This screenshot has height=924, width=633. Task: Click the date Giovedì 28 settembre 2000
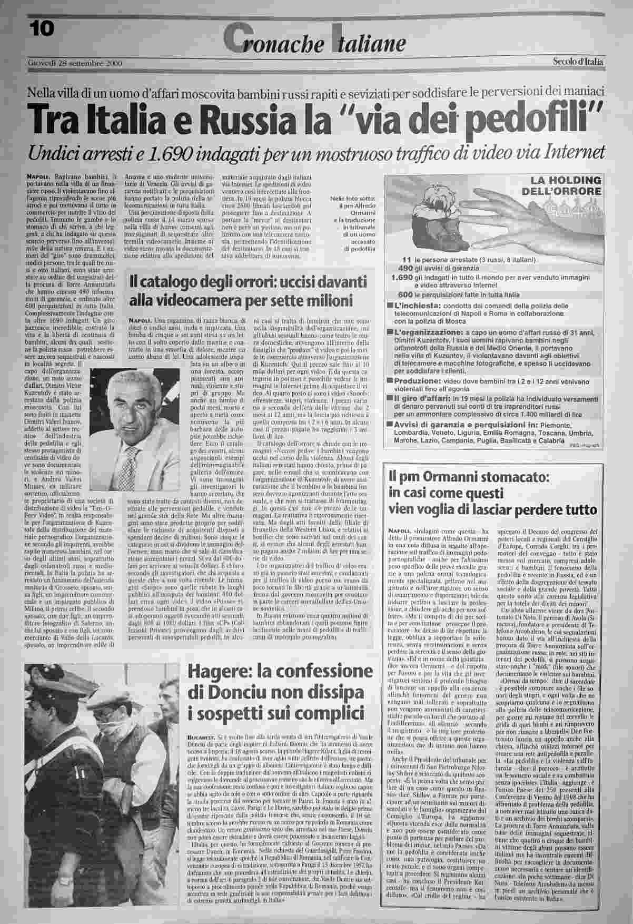[x=75, y=64]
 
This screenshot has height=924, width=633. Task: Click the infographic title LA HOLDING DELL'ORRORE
[x=559, y=185]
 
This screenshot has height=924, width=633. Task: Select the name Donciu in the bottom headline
[x=228, y=694]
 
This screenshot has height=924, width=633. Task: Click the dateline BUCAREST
[x=199, y=736]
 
